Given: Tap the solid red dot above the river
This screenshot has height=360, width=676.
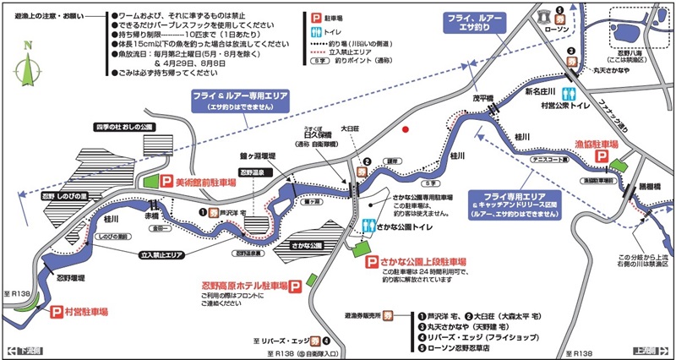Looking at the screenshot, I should click(406, 129).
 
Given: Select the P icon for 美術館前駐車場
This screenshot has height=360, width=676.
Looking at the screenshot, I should click(166, 180).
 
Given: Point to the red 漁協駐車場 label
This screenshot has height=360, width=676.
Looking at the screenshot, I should click(597, 145).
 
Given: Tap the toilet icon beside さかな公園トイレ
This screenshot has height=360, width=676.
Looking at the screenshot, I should click(369, 226).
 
